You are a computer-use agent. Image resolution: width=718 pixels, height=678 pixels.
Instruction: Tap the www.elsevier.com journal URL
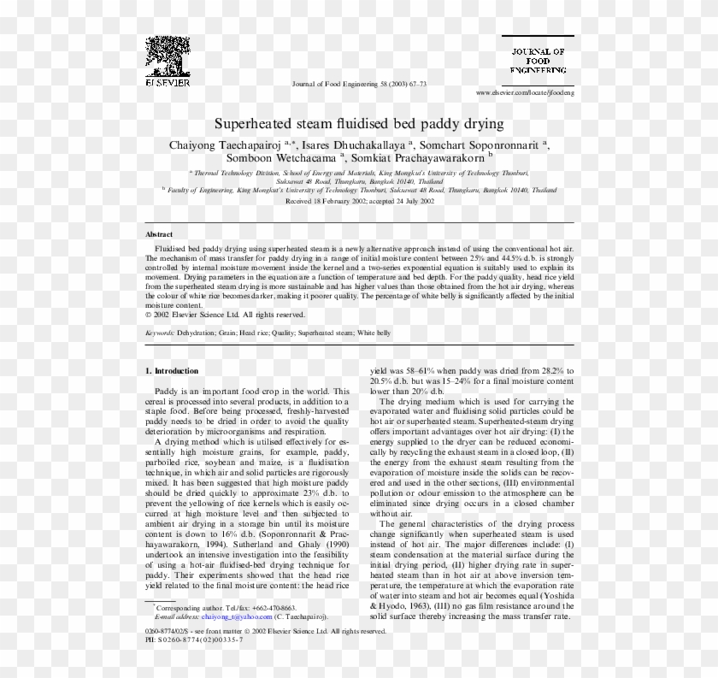(x=525, y=91)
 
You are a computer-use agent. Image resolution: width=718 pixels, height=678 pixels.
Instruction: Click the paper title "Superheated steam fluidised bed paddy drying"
(x=358, y=124)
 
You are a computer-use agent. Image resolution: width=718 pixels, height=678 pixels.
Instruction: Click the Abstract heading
(x=159, y=233)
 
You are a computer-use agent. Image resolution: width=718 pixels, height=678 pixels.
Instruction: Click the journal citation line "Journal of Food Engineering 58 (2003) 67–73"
(x=359, y=85)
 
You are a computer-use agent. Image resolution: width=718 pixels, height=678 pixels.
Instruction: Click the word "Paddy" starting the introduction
(x=166, y=391)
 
